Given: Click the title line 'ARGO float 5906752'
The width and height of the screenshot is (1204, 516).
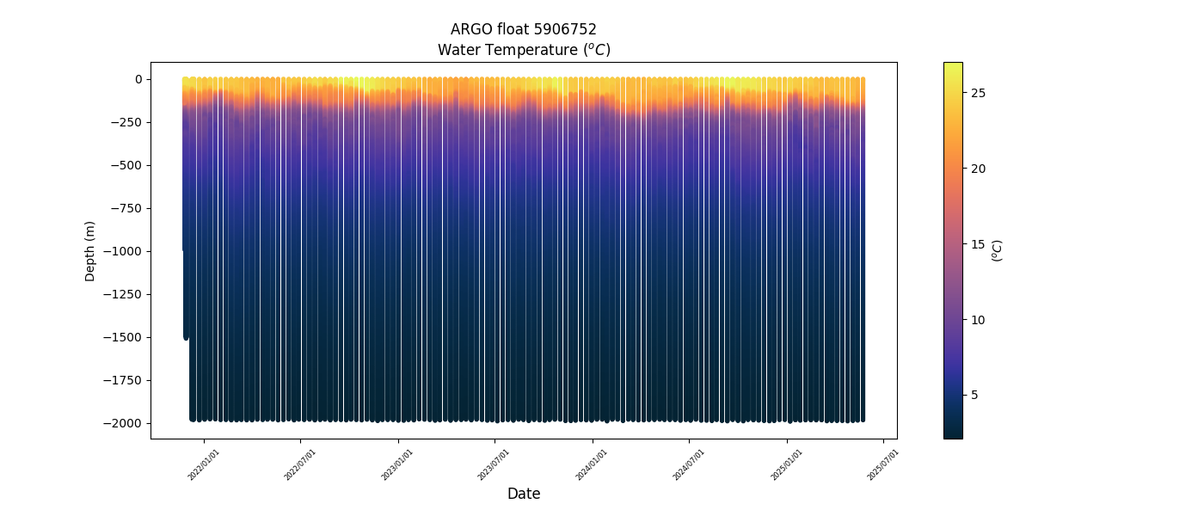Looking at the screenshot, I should tap(523, 29).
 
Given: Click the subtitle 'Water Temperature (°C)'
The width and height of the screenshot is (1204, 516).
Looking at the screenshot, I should tap(523, 50).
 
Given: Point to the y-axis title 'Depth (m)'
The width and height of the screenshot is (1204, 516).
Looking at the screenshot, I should tap(90, 250).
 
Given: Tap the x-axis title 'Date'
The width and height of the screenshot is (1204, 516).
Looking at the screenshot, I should tap(523, 494).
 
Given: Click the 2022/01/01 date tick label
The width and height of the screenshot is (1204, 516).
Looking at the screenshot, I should tap(204, 464).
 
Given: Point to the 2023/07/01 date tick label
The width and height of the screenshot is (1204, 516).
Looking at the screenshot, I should tap(494, 464).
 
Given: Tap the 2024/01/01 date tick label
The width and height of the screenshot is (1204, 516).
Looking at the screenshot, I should tap(593, 464).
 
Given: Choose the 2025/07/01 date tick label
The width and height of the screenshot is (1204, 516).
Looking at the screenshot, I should tap(883, 464).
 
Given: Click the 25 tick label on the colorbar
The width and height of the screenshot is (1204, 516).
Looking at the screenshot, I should tap(979, 93).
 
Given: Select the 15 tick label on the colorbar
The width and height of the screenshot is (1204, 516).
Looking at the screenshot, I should tap(979, 244).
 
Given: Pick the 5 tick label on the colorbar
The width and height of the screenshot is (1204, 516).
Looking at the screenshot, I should tap(975, 395).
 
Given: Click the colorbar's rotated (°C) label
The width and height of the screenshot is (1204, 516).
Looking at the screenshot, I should tap(998, 250).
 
